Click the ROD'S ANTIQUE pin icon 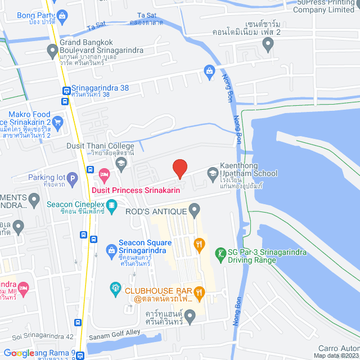[x=195, y=211]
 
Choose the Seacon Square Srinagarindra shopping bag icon [x=111, y=249]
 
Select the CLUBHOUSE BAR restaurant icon [x=199, y=291]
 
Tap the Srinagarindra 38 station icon [x=66, y=89]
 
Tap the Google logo [x=20, y=353]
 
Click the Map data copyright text [x=335, y=355]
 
